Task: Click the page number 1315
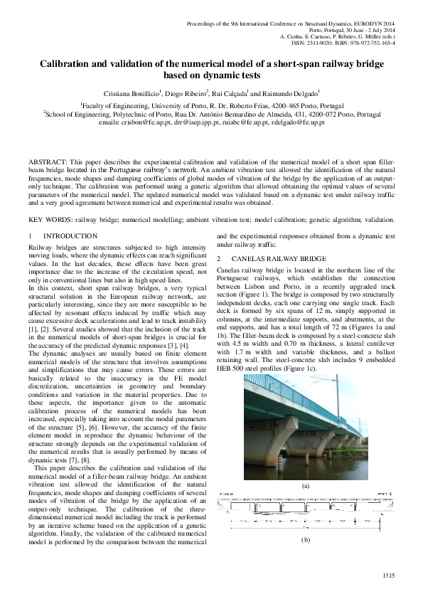coord(388,575)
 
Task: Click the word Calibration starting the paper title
coord(68,63)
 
